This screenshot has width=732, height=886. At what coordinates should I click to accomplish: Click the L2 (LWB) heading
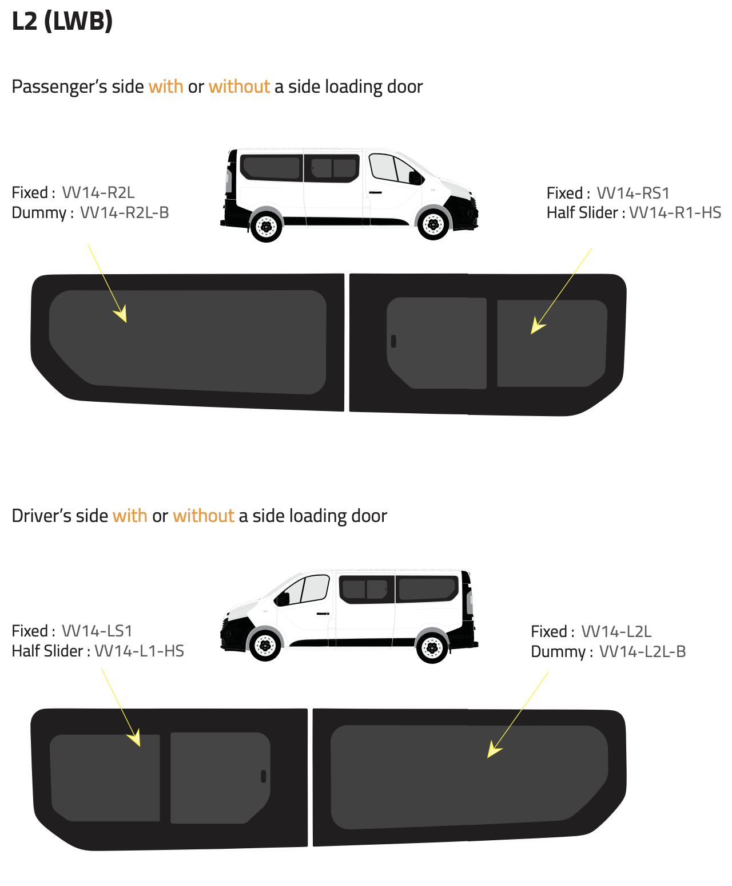coord(62,21)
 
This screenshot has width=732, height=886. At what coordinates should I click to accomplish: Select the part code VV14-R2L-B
coord(124,212)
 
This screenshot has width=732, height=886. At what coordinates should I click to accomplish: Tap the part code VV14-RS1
coord(632,193)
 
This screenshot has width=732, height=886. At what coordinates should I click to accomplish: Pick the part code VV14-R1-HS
coord(675,212)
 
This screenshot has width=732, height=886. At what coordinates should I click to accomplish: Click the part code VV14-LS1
coord(97,631)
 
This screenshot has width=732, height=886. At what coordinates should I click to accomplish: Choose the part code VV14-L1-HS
coord(139,651)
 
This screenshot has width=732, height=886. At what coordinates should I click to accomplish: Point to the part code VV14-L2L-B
coord(643,651)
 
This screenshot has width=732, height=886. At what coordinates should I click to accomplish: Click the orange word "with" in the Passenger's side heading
coord(166,86)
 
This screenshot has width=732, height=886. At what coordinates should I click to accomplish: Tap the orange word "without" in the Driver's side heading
coord(204,516)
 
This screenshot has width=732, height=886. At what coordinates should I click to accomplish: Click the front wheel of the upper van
coord(433,224)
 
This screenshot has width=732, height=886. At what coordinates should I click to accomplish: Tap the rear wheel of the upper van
coord(266,227)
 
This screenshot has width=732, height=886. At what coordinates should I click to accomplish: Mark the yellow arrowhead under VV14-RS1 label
coord(536,326)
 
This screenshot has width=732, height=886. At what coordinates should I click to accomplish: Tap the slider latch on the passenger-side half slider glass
coord(393,341)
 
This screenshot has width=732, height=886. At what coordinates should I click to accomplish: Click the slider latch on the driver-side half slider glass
coord(264,776)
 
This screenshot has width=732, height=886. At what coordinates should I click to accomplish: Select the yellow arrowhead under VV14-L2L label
coord(493,750)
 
